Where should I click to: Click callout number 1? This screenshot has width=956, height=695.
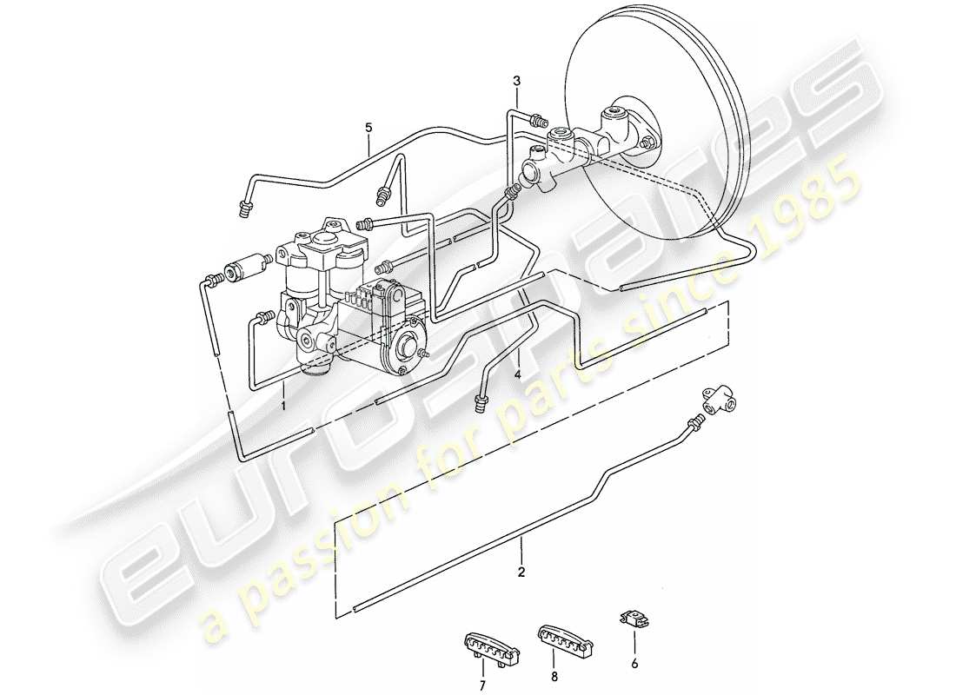(x=283, y=405)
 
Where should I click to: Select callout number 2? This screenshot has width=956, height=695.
(x=521, y=573)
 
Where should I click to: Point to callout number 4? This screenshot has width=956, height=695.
(x=517, y=375)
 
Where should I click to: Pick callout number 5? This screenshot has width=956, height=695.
(x=368, y=128)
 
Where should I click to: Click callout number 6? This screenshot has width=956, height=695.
(x=634, y=664)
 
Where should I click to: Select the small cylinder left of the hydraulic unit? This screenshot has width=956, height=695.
(x=242, y=269)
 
